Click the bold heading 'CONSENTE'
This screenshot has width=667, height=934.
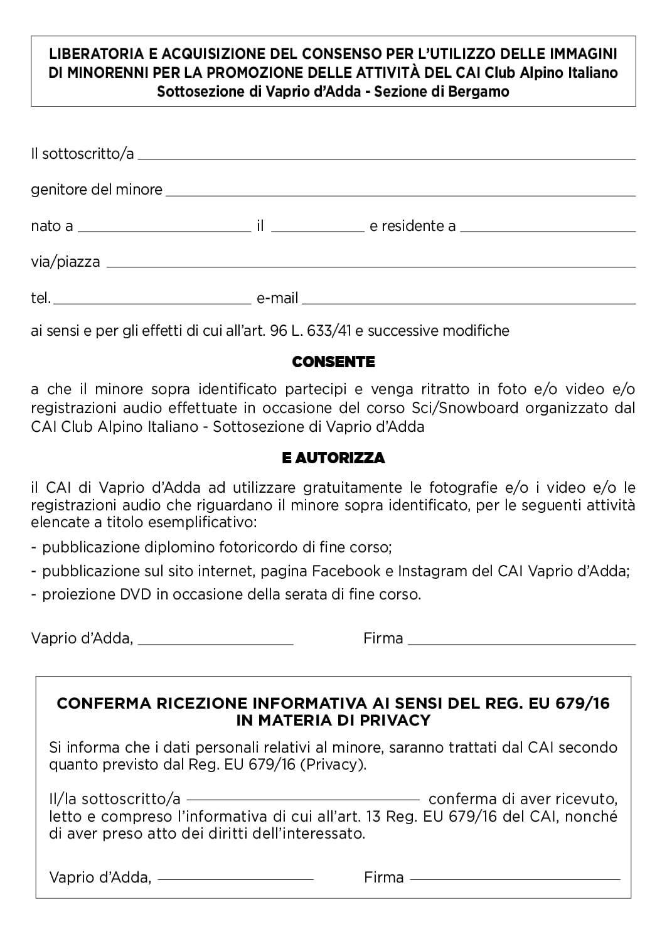[x=333, y=362]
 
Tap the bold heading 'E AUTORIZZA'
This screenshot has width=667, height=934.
[x=333, y=458]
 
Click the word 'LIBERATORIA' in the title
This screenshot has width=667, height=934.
[x=90, y=54]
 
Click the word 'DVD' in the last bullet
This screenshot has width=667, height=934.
[x=136, y=594]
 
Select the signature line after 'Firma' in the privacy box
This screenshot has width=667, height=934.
[x=515, y=880]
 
